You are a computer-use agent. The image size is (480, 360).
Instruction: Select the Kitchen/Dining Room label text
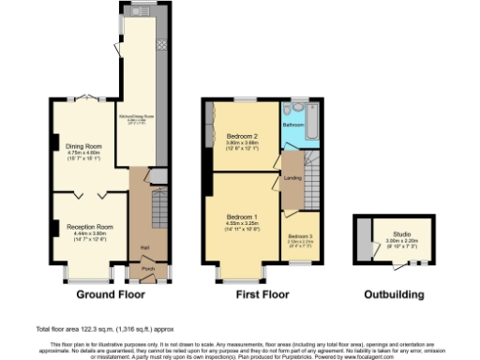coord(137,117)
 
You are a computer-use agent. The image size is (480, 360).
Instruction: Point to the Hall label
coord(145,247)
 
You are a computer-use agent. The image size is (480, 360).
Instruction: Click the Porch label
coord(147,268)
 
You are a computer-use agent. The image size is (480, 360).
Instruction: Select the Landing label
coord(292,177)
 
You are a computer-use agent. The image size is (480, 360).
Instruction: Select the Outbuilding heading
coord(395,294)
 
